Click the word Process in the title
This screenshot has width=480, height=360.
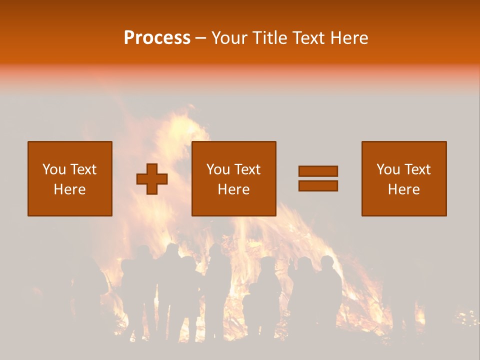157,38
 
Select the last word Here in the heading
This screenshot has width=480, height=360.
350,38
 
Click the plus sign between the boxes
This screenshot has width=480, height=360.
152,179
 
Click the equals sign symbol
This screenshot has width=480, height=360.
318,178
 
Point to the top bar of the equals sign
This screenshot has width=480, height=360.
318,171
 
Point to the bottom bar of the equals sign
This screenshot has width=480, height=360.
318,185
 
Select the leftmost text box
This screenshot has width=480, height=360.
70,178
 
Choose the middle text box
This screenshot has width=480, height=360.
233,178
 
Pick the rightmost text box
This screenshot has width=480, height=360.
403,178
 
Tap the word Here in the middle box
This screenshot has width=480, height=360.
233,189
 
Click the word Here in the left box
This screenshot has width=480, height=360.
70,189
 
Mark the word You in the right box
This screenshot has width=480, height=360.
388,169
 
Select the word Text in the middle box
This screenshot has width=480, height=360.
247,169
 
